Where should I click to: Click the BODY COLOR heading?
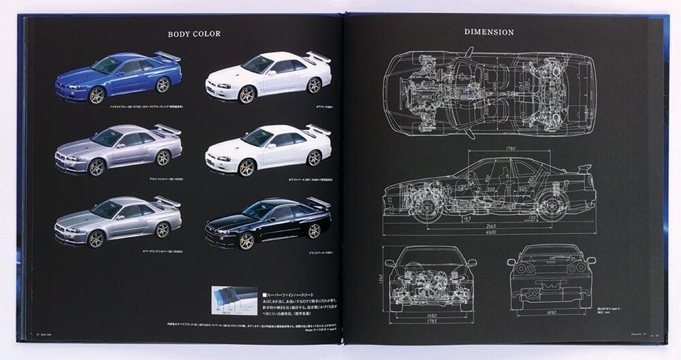[194, 33]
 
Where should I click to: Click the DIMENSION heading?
[489, 32]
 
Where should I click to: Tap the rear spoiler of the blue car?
[168, 56]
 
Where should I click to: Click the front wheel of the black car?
[246, 240]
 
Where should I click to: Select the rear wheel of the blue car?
[163, 85]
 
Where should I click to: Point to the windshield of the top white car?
[258, 65]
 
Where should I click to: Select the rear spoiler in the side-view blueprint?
[584, 168]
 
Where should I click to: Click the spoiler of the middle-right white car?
[318, 129]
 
